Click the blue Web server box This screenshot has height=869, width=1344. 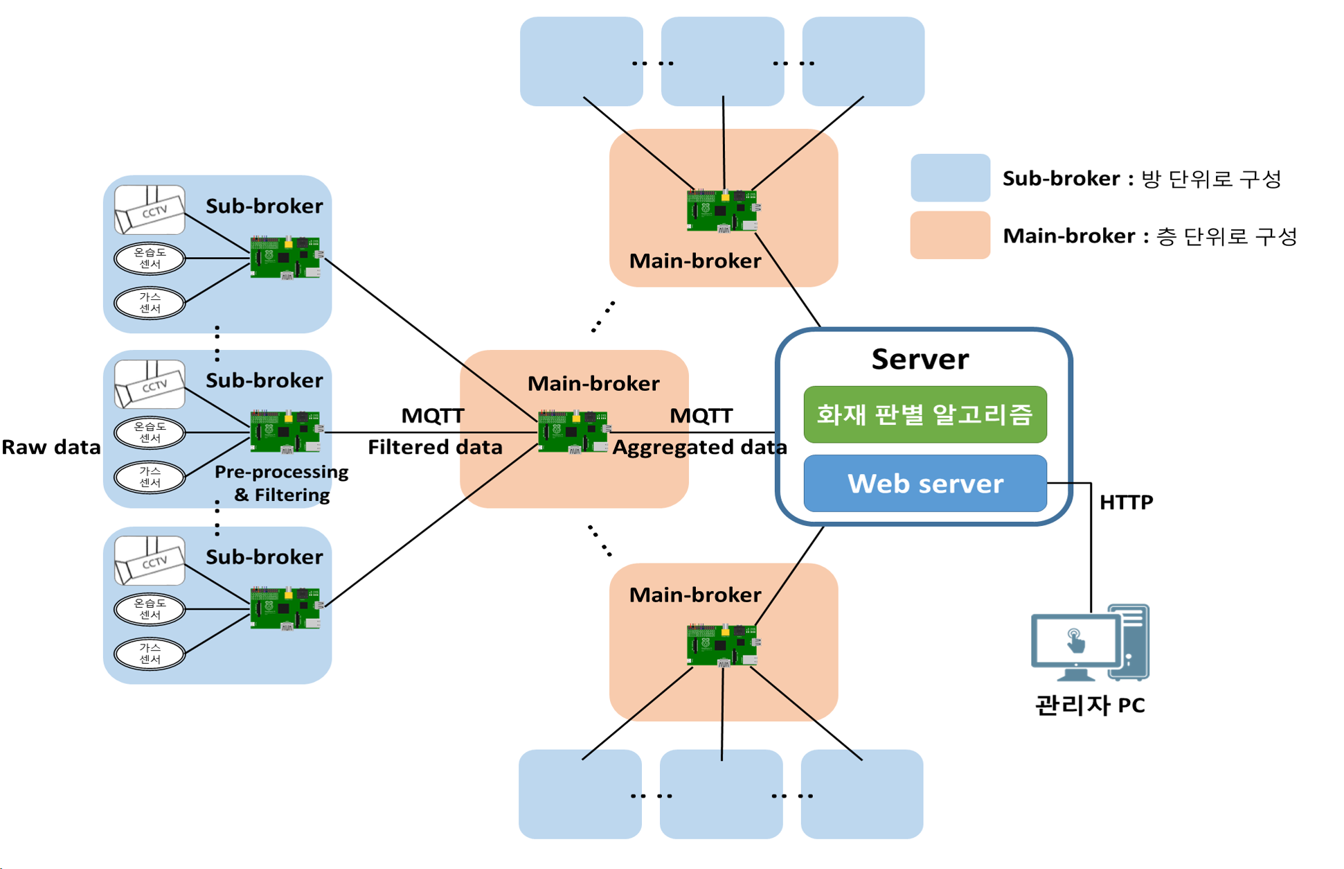pyautogui.click(x=924, y=484)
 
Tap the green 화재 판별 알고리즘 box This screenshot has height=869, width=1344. pyautogui.click(x=924, y=414)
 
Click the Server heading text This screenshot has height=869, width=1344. pyautogui.click(x=920, y=359)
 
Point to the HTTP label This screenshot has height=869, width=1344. pyautogui.click(x=1126, y=502)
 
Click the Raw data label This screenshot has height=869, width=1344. pyautogui.click(x=51, y=447)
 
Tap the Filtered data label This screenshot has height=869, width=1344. pyautogui.click(x=435, y=447)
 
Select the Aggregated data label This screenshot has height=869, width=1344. pyautogui.click(x=699, y=447)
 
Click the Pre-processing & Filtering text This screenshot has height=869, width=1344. pyautogui.click(x=281, y=483)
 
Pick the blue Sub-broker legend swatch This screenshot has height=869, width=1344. pyautogui.click(x=950, y=178)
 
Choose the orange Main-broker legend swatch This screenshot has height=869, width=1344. pyautogui.click(x=950, y=235)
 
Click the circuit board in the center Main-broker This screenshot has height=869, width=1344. pyautogui.click(x=573, y=432)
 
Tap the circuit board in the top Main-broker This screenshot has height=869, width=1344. pyautogui.click(x=722, y=210)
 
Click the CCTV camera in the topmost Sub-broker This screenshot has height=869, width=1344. pyautogui.click(x=150, y=209)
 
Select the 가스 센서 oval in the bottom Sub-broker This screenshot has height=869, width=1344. pyautogui.click(x=150, y=653)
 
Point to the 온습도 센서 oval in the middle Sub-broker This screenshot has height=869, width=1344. pyautogui.click(x=150, y=432)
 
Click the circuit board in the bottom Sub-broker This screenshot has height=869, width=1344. pyautogui.click(x=285, y=608)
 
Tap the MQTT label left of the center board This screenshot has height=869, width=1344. pyautogui.click(x=432, y=415)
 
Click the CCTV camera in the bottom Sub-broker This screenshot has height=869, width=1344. pyautogui.click(x=150, y=560)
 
